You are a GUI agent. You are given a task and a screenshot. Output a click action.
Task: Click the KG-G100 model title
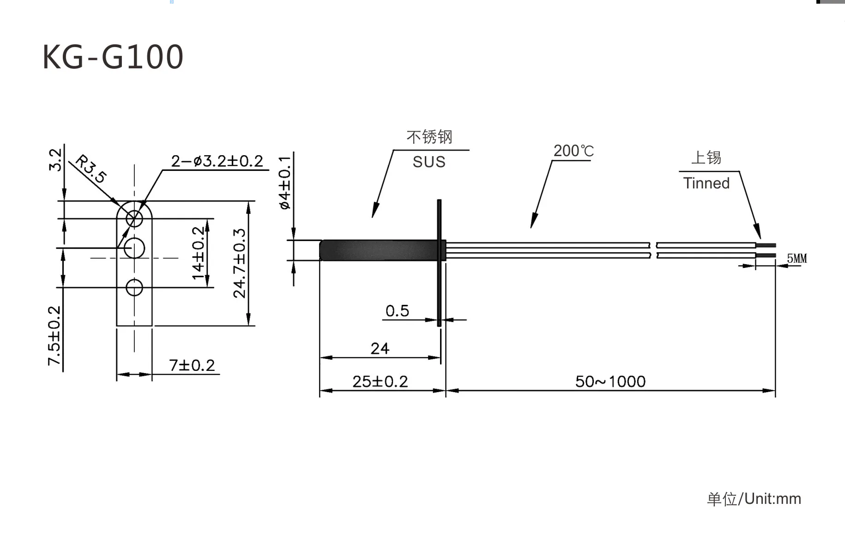coord(113,57)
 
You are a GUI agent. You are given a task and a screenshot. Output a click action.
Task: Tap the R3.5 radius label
coord(91,169)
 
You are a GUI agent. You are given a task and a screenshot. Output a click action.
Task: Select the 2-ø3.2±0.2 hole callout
coord(217,161)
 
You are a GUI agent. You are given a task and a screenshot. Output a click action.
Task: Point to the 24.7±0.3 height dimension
coord(240,263)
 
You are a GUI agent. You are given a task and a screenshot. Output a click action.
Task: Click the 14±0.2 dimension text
coord(198,253)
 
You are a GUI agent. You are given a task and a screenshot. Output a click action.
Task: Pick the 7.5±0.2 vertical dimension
coord(54,335)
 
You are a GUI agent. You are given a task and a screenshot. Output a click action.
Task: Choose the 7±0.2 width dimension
coord(192,365)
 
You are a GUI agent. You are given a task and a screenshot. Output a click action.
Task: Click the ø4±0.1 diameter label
coord(285,183)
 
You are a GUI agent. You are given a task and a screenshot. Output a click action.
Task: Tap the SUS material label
coord(429,162)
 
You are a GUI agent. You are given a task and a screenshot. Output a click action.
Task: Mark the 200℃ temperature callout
coord(573,151)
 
